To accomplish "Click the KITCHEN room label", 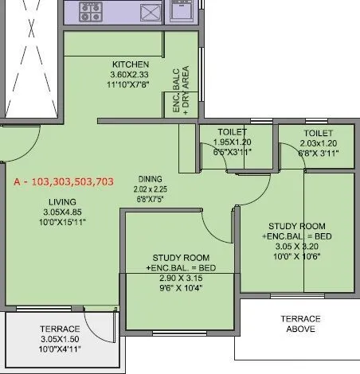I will coord(131,64).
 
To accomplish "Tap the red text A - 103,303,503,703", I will coord(64,182).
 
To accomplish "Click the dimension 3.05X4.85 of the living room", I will coord(61,224).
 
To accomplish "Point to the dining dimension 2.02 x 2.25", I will coord(151,190).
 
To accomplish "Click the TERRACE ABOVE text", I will coord(295,323).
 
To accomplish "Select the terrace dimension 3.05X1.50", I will coord(61,338).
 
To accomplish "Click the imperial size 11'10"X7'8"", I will coord(131,85).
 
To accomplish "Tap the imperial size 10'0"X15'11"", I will coord(61,234).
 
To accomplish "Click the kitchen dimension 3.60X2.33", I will coord(131,75).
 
